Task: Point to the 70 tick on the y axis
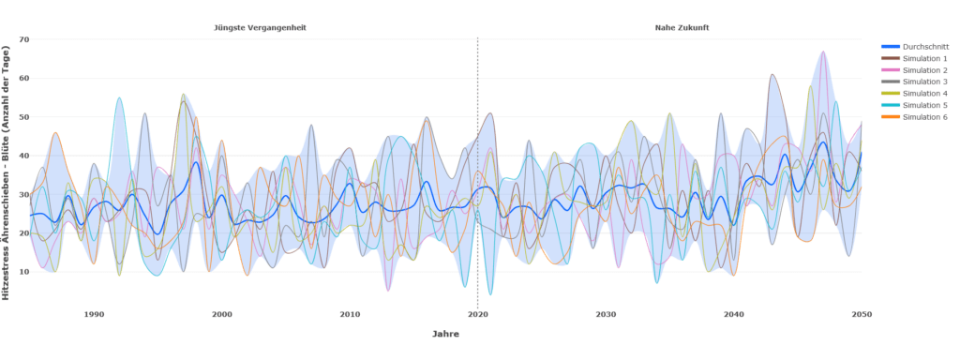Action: point(23,39)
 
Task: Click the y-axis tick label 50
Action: point(23,117)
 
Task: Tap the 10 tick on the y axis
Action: point(23,272)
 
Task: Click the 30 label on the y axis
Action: point(23,194)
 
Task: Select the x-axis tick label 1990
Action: point(94,315)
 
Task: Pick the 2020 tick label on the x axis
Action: point(477,315)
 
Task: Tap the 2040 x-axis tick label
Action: point(733,315)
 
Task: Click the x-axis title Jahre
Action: point(445,334)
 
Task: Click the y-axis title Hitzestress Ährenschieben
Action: point(7,169)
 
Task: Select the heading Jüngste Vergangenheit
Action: point(261,28)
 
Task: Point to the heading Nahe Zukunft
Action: point(682,28)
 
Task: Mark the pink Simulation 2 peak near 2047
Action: point(822,52)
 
